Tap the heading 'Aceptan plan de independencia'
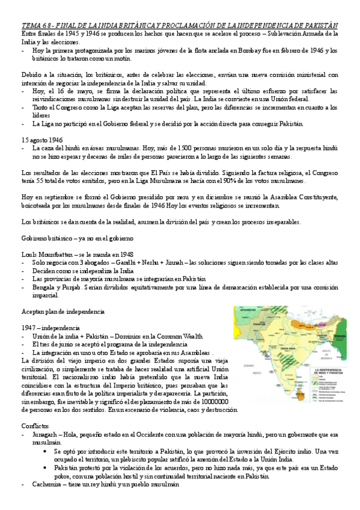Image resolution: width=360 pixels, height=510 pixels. [x=63, y=312]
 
